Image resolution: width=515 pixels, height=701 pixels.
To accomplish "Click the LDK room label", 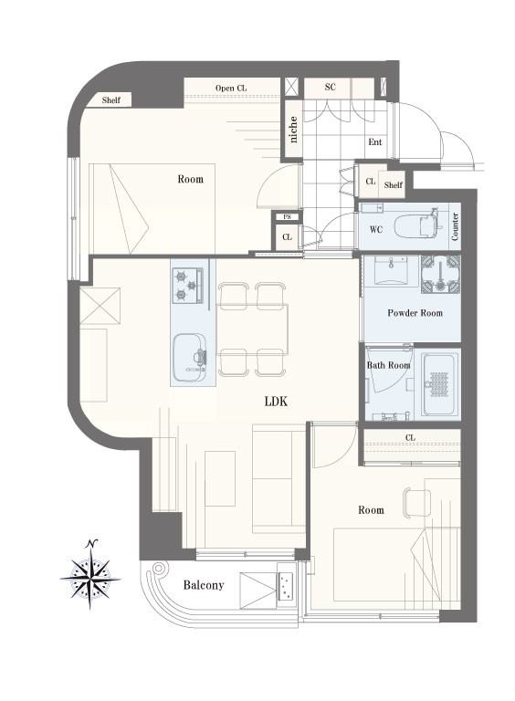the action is click(276, 401).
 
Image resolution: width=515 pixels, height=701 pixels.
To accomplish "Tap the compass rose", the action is click(90, 577).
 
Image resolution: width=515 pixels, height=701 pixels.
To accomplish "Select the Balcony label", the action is click(204, 585).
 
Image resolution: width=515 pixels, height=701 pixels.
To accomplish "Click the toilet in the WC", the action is click(416, 226).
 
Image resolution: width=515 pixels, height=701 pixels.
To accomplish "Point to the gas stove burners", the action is click(188, 285).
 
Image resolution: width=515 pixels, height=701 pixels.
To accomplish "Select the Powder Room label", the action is click(415, 313).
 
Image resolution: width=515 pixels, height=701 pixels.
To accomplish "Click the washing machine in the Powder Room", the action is click(440, 274).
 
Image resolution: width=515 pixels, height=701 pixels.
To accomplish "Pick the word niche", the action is click(293, 130).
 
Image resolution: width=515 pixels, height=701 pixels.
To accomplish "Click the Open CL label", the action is click(231, 88).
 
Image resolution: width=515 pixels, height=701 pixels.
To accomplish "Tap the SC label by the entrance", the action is click(330, 87).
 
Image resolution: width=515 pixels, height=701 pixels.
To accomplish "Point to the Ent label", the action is click(375, 141).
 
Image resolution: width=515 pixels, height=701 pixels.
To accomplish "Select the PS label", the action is click(288, 217).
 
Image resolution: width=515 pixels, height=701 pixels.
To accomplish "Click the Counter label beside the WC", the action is click(455, 226).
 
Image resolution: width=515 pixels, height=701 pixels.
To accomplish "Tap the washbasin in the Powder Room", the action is click(391, 270).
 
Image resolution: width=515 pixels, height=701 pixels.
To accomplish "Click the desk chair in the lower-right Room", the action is click(416, 502).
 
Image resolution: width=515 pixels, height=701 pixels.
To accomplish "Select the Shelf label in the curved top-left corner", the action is click(110, 100).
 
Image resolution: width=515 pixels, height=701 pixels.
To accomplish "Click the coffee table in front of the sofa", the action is click(220, 478).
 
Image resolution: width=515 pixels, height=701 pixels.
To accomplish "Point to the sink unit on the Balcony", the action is click(286, 586).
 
